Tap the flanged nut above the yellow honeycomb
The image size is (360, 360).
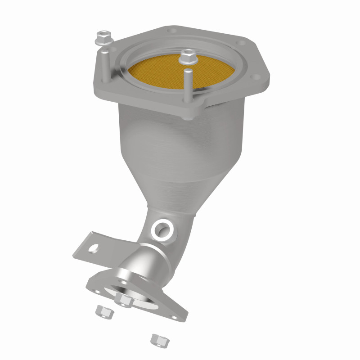click(x=186, y=58)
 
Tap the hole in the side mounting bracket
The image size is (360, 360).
click(x=95, y=247)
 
